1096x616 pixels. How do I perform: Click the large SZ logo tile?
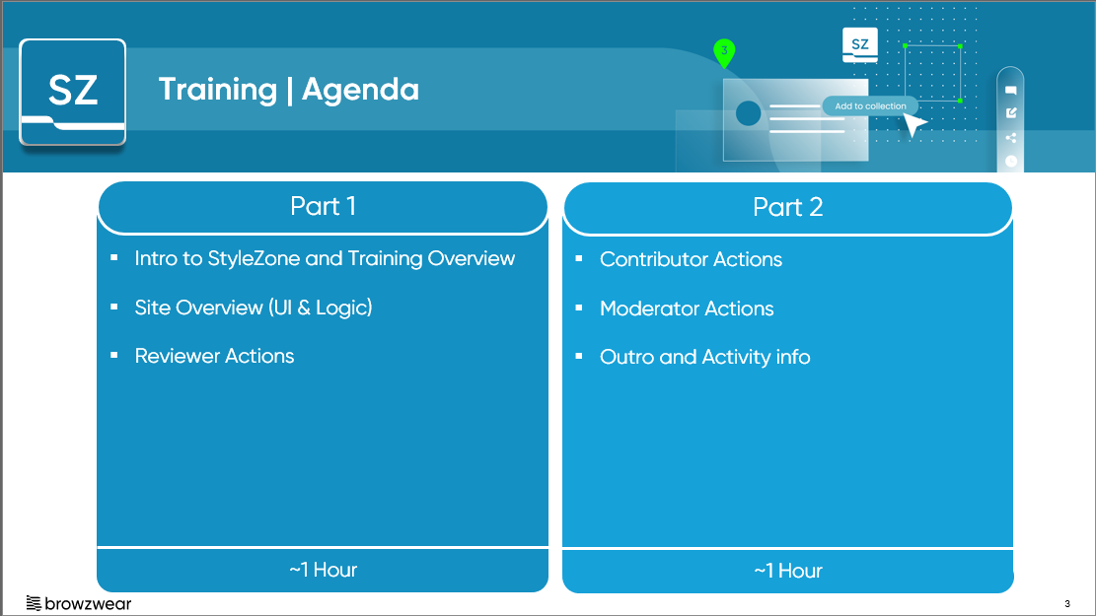coord(73,92)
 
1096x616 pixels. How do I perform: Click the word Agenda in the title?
coord(360,90)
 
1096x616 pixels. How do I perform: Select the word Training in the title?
coord(218,90)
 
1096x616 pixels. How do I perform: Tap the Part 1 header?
coord(323,207)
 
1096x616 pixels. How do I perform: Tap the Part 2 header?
coord(788,207)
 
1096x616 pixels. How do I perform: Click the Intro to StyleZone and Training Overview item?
coord(325,258)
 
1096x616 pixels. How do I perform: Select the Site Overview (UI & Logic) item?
coord(254,308)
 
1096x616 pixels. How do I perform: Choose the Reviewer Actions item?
coord(215,356)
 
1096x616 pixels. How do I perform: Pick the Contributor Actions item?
coord(691,259)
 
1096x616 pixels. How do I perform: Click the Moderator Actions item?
coord(687,308)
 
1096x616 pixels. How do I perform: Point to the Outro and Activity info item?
coord(704,357)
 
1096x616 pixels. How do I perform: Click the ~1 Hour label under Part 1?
coord(323,570)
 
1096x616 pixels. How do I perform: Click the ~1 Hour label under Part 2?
coord(788,571)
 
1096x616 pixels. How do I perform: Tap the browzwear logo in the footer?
coord(78,603)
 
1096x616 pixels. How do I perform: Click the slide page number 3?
coord(1067,603)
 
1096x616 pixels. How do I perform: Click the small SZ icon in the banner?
coord(860,45)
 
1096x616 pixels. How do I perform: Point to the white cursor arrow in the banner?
coord(914,125)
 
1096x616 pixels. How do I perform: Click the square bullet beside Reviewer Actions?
coord(113,356)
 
